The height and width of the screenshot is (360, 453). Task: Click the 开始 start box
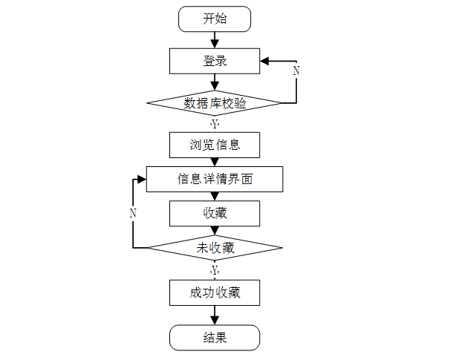pyautogui.click(x=215, y=19)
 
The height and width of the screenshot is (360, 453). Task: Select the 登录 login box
pyautogui.click(x=215, y=61)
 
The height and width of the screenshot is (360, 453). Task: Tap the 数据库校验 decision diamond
pyautogui.click(x=215, y=103)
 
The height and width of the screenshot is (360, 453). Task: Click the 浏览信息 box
pyautogui.click(x=215, y=145)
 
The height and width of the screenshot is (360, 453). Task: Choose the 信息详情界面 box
pyautogui.click(x=215, y=179)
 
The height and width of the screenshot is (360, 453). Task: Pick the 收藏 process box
pyautogui.click(x=215, y=213)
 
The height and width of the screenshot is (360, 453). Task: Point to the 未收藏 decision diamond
pyautogui.click(x=215, y=248)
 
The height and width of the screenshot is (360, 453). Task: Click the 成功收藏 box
pyautogui.click(x=215, y=292)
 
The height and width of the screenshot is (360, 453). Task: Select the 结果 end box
pyautogui.click(x=215, y=338)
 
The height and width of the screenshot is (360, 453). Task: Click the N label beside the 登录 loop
pyautogui.click(x=296, y=71)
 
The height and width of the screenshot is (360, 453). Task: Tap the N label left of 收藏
pyautogui.click(x=133, y=213)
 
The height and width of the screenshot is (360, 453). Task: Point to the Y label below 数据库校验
pyautogui.click(x=215, y=124)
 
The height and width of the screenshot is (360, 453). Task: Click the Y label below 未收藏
pyautogui.click(x=215, y=270)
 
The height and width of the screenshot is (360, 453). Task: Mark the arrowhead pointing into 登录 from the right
pyautogui.click(x=264, y=61)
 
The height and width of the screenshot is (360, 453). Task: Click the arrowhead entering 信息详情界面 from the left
pyautogui.click(x=142, y=180)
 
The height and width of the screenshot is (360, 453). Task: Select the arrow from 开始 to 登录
pyautogui.click(x=215, y=40)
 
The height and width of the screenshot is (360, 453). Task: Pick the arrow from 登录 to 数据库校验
pyautogui.click(x=215, y=82)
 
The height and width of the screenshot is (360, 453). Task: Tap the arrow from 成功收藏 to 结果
pyautogui.click(x=215, y=315)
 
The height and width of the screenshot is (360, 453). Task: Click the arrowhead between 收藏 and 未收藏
pyautogui.click(x=215, y=231)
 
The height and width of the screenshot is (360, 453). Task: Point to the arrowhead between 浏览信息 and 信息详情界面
pyautogui.click(x=215, y=162)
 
